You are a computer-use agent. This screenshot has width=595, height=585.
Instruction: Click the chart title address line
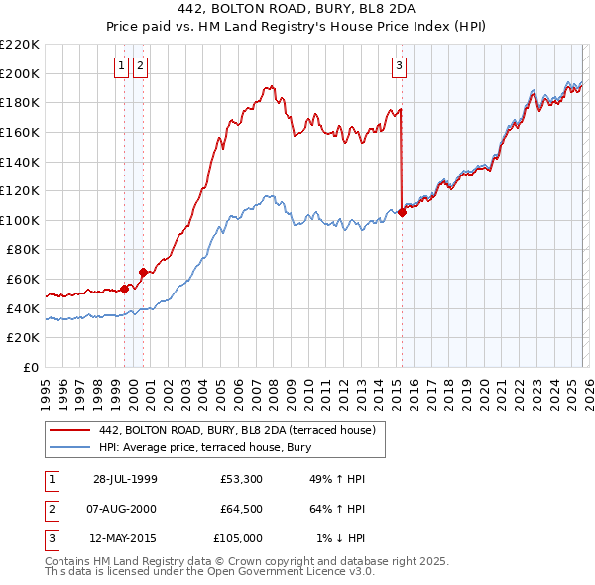pos(297,9)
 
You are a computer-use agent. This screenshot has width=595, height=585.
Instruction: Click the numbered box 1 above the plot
pos(121,66)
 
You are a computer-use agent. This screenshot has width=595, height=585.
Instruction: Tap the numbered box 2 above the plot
pos(140,66)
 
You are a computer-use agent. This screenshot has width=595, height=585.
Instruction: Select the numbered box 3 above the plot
pos(399,66)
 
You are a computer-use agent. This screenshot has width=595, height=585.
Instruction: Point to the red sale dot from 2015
pos(402,212)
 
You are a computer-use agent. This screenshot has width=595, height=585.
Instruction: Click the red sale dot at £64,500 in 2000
pos(143,271)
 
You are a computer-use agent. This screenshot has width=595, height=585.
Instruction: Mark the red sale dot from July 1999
pos(125,289)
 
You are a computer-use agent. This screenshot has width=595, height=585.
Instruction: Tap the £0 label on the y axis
pos(32,367)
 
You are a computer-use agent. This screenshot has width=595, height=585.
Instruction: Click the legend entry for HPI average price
pos(205,447)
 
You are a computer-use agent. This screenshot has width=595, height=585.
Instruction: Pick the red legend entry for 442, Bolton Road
pos(236,430)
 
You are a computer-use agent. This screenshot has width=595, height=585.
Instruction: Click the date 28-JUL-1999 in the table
pos(125,479)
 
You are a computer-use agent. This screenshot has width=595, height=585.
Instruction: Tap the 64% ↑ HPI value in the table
pos(336,509)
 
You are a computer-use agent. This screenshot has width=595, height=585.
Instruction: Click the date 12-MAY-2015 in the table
pos(125,538)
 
